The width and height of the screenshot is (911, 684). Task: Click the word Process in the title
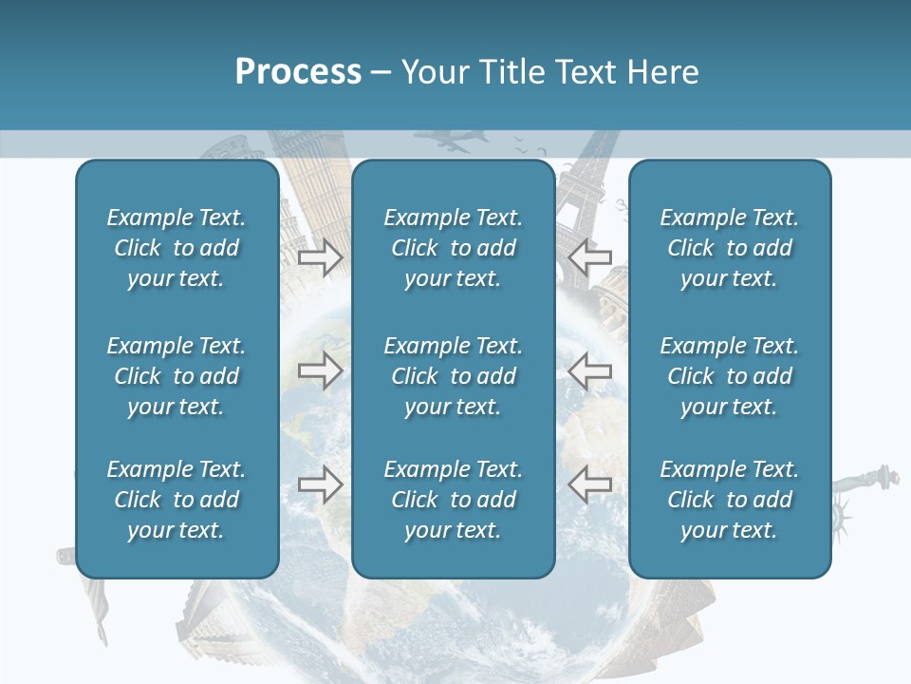298,72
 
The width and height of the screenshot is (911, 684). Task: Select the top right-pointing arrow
320,257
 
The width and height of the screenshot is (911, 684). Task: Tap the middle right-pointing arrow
320,370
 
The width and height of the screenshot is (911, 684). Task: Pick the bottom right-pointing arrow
320,484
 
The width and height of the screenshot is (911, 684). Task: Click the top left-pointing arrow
590,257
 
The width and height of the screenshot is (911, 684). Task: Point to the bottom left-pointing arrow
590,484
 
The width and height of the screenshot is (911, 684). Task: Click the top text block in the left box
177,248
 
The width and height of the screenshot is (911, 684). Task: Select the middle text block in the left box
177,376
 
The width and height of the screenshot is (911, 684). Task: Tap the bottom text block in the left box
177,500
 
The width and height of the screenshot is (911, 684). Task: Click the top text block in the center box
454,248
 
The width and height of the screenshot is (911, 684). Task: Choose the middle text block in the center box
454,376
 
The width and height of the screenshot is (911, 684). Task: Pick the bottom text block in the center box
454,500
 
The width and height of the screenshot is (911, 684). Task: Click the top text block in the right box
730,248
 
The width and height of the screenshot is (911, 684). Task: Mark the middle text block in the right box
730,376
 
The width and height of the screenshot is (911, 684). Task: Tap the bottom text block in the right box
730,500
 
